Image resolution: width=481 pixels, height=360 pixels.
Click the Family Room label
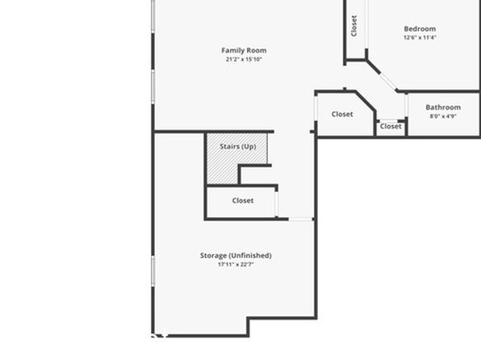click(244, 50)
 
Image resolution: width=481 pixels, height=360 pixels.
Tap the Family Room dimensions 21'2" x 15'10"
click(244, 59)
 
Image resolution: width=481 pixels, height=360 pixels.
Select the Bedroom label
click(420, 29)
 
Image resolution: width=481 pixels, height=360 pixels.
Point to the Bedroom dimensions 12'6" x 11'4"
click(420, 37)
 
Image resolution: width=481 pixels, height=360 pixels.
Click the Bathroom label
click(443, 107)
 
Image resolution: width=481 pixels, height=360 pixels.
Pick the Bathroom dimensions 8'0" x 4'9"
click(443, 116)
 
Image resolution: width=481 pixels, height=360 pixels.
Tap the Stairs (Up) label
click(238, 147)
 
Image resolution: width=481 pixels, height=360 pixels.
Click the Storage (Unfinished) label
click(236, 256)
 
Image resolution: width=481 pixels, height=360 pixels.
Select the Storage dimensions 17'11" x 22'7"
click(236, 264)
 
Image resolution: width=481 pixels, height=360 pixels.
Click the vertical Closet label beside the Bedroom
click(353, 26)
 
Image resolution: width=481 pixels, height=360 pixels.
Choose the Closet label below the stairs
click(243, 201)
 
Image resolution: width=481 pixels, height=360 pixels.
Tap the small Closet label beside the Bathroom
click(391, 127)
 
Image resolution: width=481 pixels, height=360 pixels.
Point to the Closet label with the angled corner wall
click(342, 114)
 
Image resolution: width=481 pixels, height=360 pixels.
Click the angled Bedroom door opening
click(388, 81)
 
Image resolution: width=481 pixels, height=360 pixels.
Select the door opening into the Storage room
click(300, 219)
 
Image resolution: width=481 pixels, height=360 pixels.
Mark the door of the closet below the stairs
click(276, 203)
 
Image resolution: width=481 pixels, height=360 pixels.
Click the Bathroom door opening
click(407, 105)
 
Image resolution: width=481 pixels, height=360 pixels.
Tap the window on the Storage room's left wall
click(153, 271)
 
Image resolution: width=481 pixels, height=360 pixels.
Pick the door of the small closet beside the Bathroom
click(389, 120)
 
